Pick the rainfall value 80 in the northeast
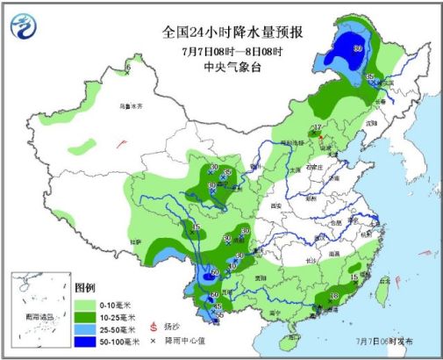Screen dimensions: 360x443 pos(357,48)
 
